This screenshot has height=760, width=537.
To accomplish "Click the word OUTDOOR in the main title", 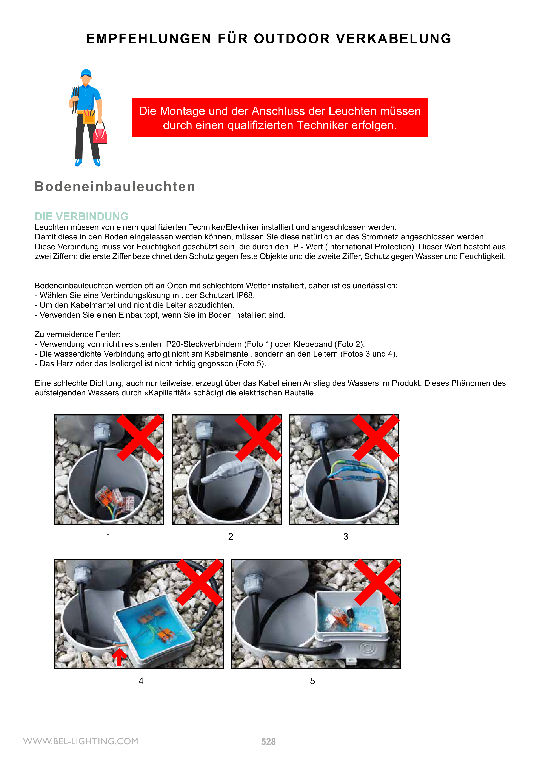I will pyautogui.click(x=292, y=39).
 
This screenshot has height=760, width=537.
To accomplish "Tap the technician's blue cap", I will pyautogui.click(x=86, y=73).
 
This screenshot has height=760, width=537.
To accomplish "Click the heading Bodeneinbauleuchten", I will pyautogui.click(x=115, y=187).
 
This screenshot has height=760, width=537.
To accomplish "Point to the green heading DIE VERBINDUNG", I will pyautogui.click(x=81, y=216).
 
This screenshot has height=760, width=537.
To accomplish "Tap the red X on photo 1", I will pyautogui.click(x=140, y=438).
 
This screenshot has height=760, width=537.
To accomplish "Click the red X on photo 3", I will pyautogui.click(x=376, y=438).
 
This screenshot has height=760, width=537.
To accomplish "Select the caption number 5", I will pyautogui.click(x=312, y=681).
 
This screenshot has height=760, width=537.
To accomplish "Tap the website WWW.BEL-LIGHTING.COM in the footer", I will pyautogui.click(x=81, y=741).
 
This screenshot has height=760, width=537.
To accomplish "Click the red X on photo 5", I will pyautogui.click(x=377, y=582).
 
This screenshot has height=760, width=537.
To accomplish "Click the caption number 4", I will pyautogui.click(x=141, y=681).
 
